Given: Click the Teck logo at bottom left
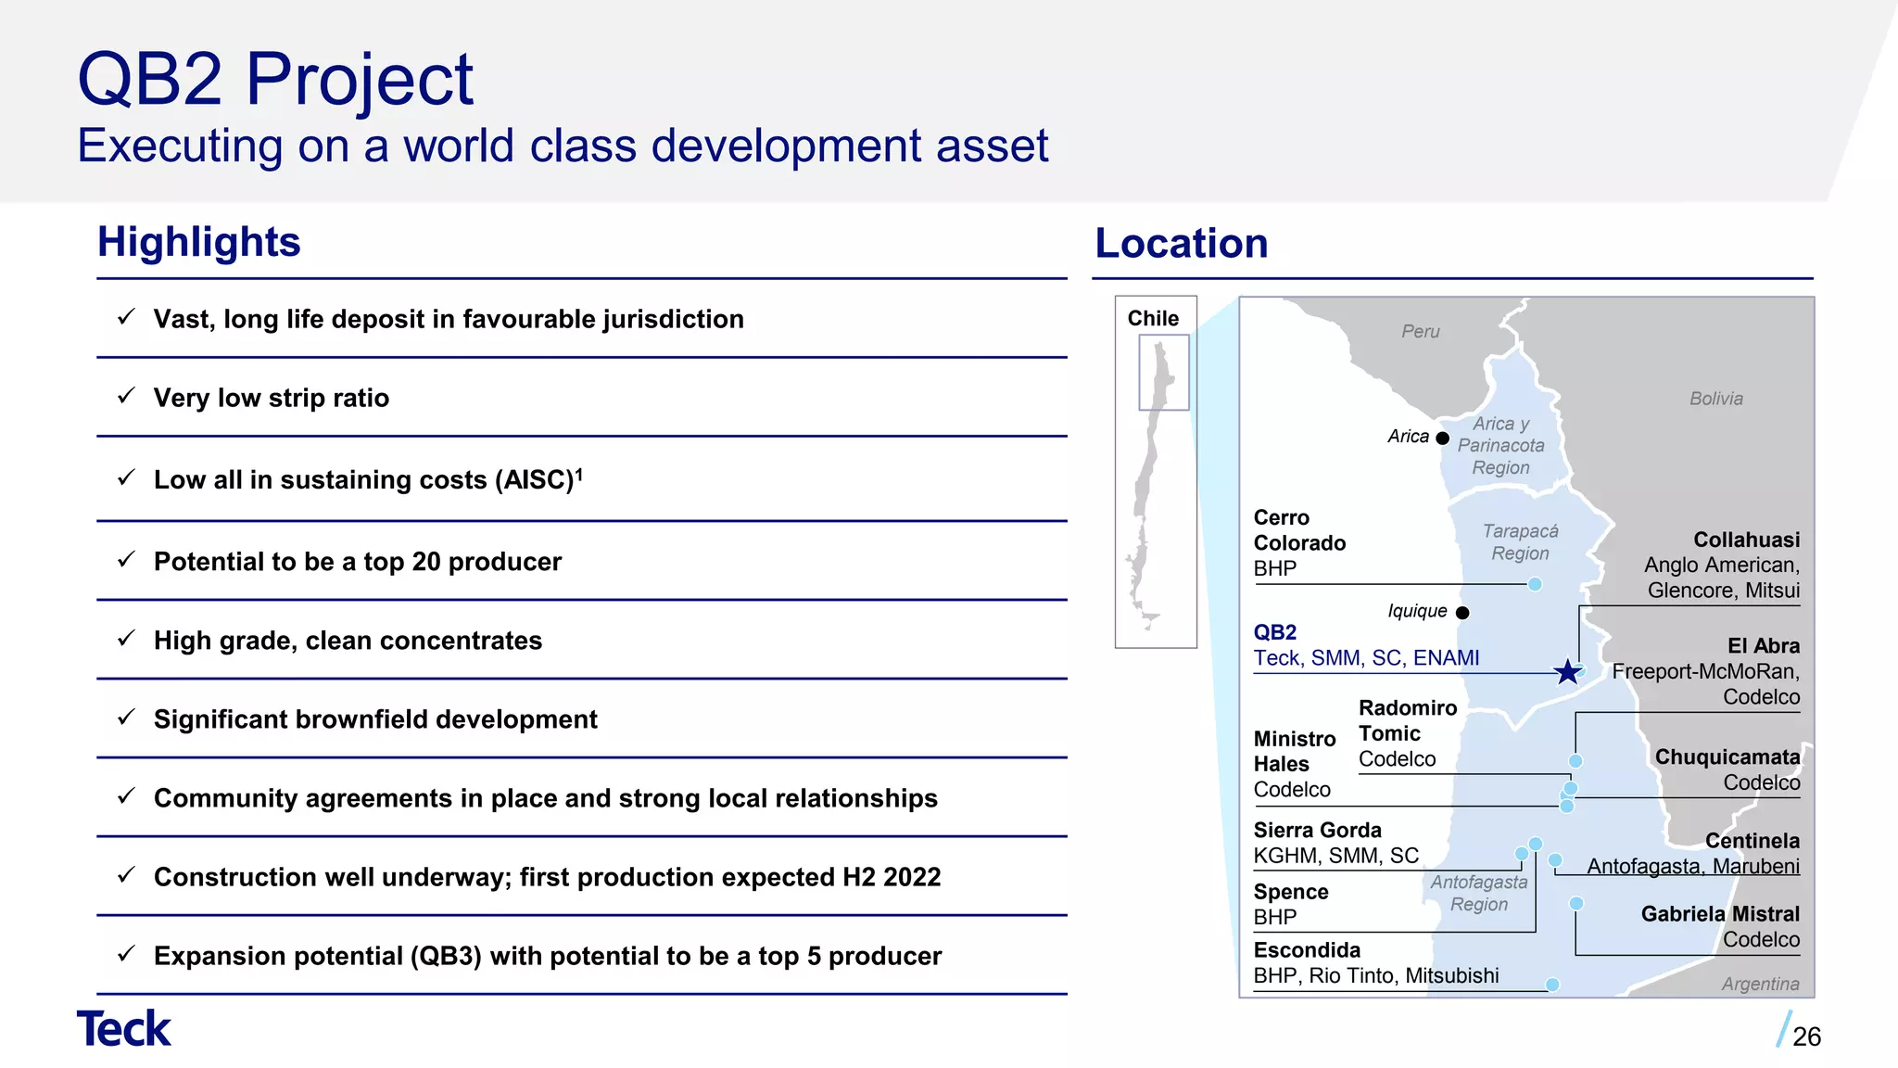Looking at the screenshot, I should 123,1029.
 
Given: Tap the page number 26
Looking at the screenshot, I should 1806,1036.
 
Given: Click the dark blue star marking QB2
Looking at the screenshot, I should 1567,671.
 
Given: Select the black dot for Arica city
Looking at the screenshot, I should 1442,438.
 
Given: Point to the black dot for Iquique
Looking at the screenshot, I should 1462,613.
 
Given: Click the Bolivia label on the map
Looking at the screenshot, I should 1715,399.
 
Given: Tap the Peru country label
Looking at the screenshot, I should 1420,332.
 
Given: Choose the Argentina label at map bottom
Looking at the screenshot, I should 1760,984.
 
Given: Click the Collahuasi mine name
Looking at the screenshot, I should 1746,540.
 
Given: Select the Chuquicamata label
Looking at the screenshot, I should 1727,757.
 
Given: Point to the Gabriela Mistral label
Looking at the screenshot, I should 1719,914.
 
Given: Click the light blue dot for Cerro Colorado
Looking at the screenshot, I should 1535,584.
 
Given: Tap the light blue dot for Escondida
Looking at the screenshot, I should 1552,985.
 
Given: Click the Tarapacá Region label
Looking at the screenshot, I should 1520,542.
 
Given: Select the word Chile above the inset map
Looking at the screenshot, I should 1153,318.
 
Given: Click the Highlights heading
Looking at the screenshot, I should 199,242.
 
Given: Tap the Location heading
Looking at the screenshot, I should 1181,244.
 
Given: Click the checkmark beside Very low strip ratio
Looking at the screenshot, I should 127,396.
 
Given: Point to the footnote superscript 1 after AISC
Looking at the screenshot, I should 579,473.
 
